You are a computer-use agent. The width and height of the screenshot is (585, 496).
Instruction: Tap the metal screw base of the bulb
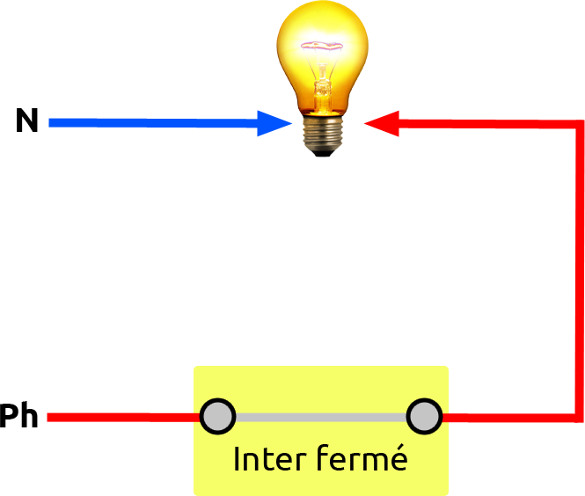tap(323, 132)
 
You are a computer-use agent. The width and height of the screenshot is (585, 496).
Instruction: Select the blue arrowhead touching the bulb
tap(283, 124)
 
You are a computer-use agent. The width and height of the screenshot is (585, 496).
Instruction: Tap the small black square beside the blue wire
tap(27, 120)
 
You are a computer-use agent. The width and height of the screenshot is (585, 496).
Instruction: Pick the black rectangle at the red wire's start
tap(18, 414)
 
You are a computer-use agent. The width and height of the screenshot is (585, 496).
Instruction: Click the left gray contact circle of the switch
tap(217, 416)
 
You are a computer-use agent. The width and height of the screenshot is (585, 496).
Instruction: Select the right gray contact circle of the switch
tap(424, 416)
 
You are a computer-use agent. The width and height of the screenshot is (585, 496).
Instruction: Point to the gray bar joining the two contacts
tap(321, 417)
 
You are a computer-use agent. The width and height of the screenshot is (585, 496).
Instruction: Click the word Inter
tap(265, 459)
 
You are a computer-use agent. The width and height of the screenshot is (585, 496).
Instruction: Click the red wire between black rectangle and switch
tap(123, 417)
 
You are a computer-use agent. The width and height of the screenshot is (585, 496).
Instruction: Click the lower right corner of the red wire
tap(579, 416)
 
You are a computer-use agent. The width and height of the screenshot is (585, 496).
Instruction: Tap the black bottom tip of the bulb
tap(323, 153)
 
